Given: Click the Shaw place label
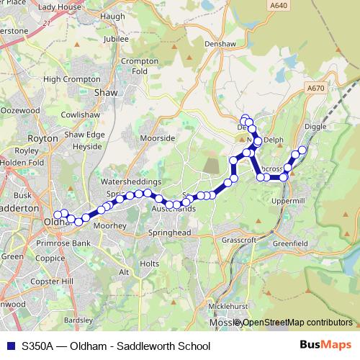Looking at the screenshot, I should (106, 93).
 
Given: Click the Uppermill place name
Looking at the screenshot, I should (290, 201).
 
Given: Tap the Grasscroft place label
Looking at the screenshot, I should (240, 239).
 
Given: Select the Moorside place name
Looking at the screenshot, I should (158, 138).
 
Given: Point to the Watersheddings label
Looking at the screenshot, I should (131, 183).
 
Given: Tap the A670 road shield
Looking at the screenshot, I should (315, 89).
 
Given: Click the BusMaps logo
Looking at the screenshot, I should (321, 346).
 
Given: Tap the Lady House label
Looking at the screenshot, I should (59, 7).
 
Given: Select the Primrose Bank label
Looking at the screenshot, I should (63, 244).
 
